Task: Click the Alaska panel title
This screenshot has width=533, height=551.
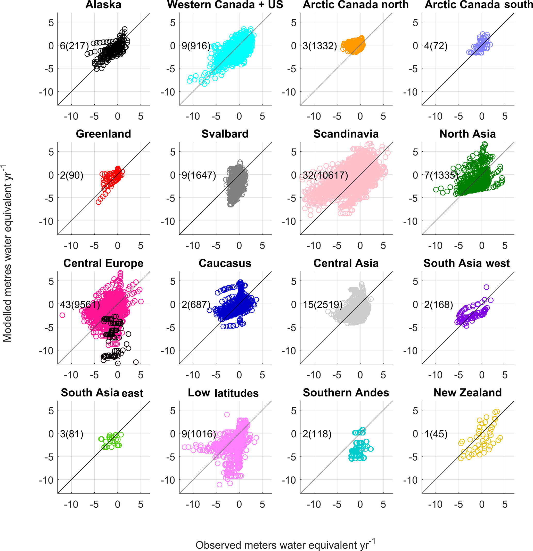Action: point(103,5)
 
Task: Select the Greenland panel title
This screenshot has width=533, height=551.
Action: point(103,134)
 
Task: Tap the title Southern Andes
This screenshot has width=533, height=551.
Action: point(346,392)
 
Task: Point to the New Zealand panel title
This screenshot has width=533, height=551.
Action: point(467,392)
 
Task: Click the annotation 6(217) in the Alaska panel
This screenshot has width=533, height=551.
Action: point(74,46)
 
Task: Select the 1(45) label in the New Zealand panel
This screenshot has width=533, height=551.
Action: point(436,434)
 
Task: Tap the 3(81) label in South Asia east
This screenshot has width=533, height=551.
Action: point(72,434)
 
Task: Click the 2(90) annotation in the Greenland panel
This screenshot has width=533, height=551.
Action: point(72,175)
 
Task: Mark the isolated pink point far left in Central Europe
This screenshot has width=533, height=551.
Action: point(62,315)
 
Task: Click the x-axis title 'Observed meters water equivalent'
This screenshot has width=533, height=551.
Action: point(285,544)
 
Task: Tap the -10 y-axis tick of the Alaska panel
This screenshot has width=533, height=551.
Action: point(46,92)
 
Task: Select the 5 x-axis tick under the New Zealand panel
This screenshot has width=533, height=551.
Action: point(505,504)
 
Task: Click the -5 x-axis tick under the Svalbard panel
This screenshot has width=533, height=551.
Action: point(216,246)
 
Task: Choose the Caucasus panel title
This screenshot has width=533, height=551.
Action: point(225,263)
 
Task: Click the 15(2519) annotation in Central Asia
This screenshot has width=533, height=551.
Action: point(323,305)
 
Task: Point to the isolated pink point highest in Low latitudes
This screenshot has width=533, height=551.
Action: point(227,415)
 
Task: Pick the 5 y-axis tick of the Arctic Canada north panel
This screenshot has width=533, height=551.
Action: point(294,22)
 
